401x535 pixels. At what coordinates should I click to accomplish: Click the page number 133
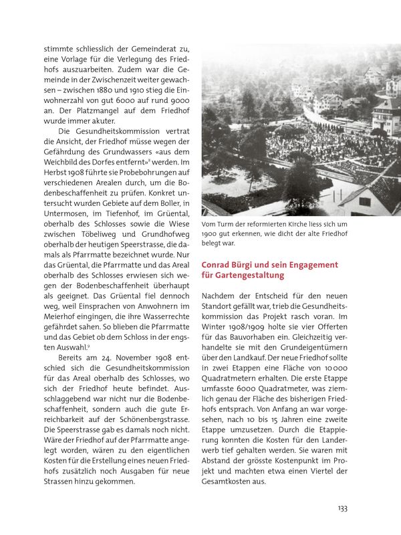pos(342,508)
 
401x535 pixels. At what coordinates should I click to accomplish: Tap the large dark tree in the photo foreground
pos(301,184)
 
